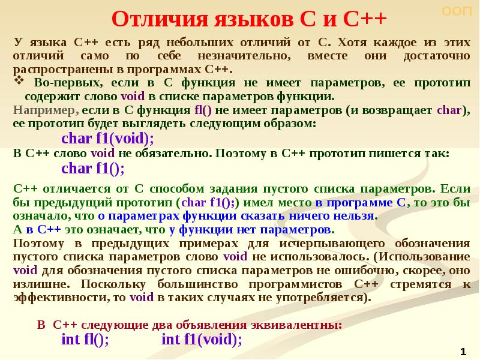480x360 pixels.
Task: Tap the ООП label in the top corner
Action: click(457, 11)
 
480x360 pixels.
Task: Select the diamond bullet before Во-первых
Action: click(18, 80)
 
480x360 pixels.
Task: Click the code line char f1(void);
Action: click(108, 139)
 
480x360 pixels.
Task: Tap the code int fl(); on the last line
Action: click(85, 340)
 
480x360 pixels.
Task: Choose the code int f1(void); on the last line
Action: click(202, 340)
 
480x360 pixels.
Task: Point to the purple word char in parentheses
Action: click(448, 110)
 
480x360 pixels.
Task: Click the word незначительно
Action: click(246, 56)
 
